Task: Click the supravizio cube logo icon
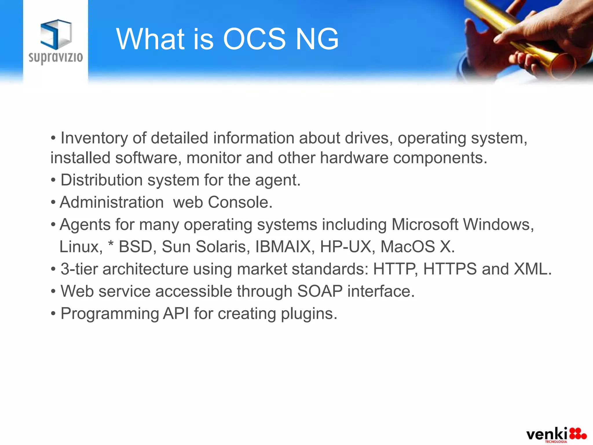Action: (56, 34)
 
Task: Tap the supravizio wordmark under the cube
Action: (56, 57)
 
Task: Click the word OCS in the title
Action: (254, 39)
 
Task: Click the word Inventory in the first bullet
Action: (94, 138)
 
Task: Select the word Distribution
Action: (101, 180)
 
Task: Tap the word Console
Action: (240, 202)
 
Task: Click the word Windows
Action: (498, 225)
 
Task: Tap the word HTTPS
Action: (450, 269)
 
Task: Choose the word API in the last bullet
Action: (176, 313)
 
